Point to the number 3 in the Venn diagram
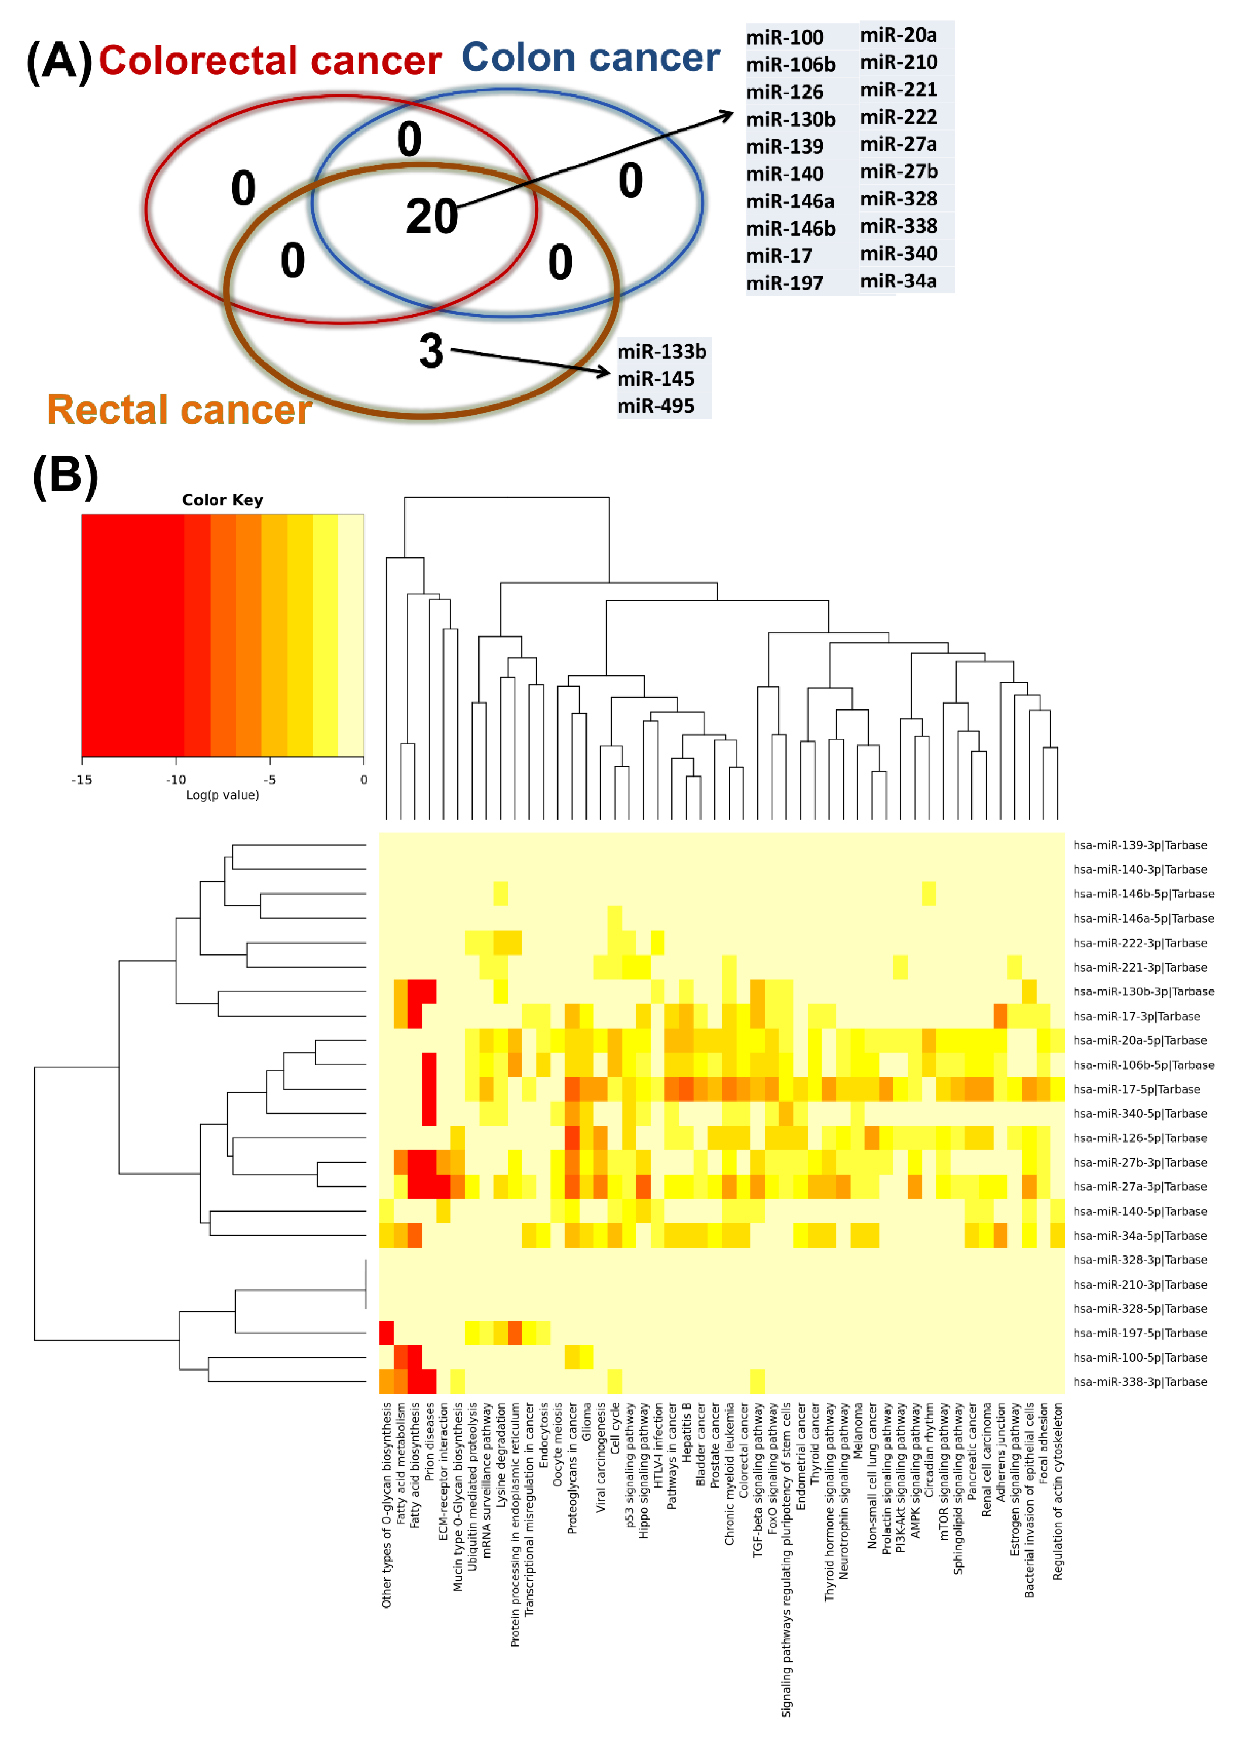[x=431, y=351]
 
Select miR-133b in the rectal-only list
[x=662, y=352]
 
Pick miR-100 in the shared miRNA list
[x=785, y=38]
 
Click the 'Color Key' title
[x=222, y=500]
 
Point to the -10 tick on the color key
[x=176, y=780]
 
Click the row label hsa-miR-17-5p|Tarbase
[x=1136, y=1089]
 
